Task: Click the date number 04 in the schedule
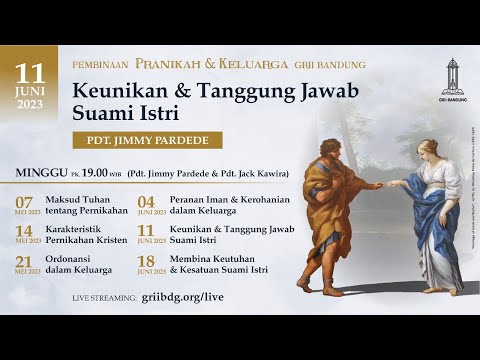tap(147, 202)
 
